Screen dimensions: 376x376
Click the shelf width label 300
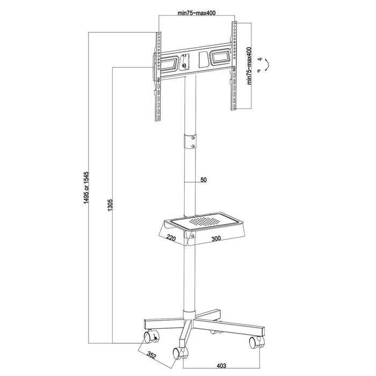click(x=215, y=239)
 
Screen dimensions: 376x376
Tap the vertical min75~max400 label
click(x=250, y=66)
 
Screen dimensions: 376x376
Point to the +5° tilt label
click(x=260, y=59)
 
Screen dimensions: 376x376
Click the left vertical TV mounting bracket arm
click(x=158, y=75)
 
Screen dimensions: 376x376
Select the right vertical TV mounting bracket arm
click(x=235, y=67)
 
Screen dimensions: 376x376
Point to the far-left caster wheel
click(x=147, y=338)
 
